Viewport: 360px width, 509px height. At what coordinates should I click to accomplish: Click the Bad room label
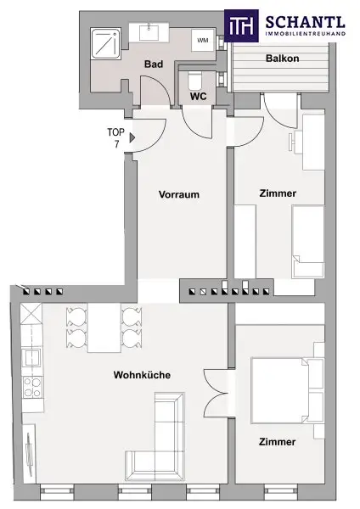pos(154,64)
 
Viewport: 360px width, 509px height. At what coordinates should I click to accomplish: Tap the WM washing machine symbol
pos(203,40)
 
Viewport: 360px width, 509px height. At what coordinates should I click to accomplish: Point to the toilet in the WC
pos(195,81)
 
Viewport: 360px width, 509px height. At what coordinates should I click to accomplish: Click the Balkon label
pos(283,59)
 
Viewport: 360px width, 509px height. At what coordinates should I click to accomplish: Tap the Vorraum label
pos(179,194)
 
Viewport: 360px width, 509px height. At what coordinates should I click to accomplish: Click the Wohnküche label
pos(142,375)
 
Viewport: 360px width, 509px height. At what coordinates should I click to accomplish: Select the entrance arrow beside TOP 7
pos(132,137)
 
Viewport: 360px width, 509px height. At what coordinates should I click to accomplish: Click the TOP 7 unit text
pos(116,137)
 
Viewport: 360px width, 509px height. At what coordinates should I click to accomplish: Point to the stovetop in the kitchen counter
pos(32,388)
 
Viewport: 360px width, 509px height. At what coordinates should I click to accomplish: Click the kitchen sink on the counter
pos(31,357)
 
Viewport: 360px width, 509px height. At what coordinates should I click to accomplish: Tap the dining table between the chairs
pos(104,327)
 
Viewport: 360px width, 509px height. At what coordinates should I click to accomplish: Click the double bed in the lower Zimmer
pos(288,390)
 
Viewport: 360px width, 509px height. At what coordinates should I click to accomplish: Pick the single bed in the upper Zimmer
pos(307,242)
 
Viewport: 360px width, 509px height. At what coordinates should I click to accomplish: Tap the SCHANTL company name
pos(305,23)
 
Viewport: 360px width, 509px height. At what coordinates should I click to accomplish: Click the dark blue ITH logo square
pos(241,25)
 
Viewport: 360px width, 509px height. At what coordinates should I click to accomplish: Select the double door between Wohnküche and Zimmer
pos(216,393)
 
